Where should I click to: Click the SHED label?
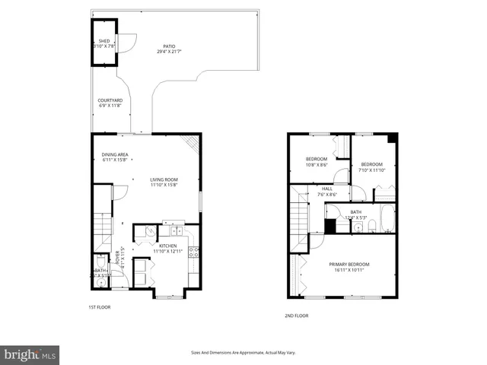(103, 40)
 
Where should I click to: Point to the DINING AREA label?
(115, 154)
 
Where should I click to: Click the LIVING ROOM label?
(163, 179)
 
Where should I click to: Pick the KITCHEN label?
(167, 246)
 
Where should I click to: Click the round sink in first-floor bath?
(100, 281)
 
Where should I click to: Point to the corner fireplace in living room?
(193, 142)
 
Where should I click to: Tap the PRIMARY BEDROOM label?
(349, 265)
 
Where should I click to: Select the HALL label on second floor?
(326, 189)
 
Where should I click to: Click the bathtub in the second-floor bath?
(387, 218)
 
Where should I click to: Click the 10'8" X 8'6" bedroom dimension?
(317, 165)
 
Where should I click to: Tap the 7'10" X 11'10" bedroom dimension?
(372, 170)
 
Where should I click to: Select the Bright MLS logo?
(30, 354)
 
